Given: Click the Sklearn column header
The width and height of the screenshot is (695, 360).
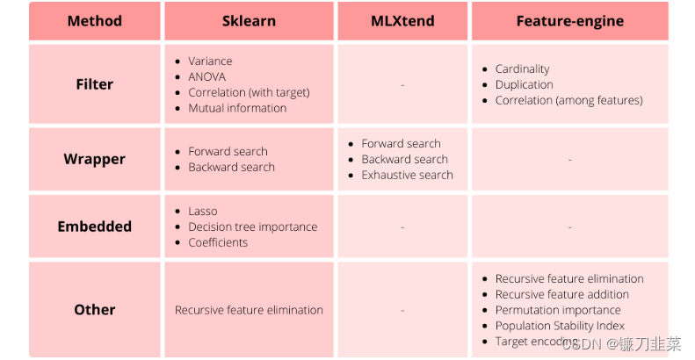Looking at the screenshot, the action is tap(249, 21).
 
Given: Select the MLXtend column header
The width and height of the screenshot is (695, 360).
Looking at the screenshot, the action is tap(402, 21).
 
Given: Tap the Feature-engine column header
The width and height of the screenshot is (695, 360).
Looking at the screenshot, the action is tap(569, 21).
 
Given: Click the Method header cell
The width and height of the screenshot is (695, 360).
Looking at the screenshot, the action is tap(94, 21).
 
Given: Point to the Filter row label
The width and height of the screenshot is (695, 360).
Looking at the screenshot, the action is tap(94, 84).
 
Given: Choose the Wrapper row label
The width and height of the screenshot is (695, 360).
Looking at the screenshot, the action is tap(94, 159).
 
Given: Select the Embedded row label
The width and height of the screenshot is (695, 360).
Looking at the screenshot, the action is tap(94, 227).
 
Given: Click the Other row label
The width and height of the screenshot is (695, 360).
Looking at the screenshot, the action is tap(94, 309).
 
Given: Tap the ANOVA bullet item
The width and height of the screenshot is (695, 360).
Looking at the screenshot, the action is tap(206, 76).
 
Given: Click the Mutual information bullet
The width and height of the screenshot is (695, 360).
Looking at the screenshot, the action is tap(237, 108).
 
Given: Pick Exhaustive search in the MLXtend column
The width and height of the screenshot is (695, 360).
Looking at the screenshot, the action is tap(407, 175).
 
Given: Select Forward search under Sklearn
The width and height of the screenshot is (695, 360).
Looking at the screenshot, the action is tap(228, 151).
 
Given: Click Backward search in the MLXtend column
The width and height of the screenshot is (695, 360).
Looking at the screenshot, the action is tap(404, 159).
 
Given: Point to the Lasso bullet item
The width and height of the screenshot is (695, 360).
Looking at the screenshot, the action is tap(202, 211).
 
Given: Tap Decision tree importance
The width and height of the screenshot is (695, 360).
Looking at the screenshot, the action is tap(252, 227).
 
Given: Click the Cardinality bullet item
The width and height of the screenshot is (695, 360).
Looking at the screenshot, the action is tap(522, 68).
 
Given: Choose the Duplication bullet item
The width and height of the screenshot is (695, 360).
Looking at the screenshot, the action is tap(524, 84).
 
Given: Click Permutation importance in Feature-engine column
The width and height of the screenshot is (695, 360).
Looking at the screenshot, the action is tap(557, 310).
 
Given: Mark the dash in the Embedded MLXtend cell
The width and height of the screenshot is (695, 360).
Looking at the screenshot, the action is tap(402, 227).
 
